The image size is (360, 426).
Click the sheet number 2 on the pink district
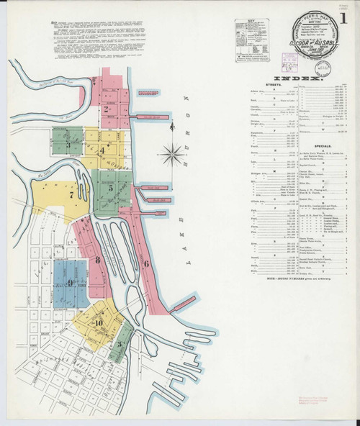click(x=106, y=110)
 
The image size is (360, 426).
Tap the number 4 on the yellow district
click(x=102, y=150)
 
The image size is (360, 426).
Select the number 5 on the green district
click(x=110, y=189)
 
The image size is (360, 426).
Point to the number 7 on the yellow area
click(x=50, y=194)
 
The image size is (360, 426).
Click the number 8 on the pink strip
click(x=97, y=259)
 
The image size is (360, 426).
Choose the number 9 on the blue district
click(x=70, y=283)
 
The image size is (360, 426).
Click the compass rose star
click(x=172, y=151)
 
